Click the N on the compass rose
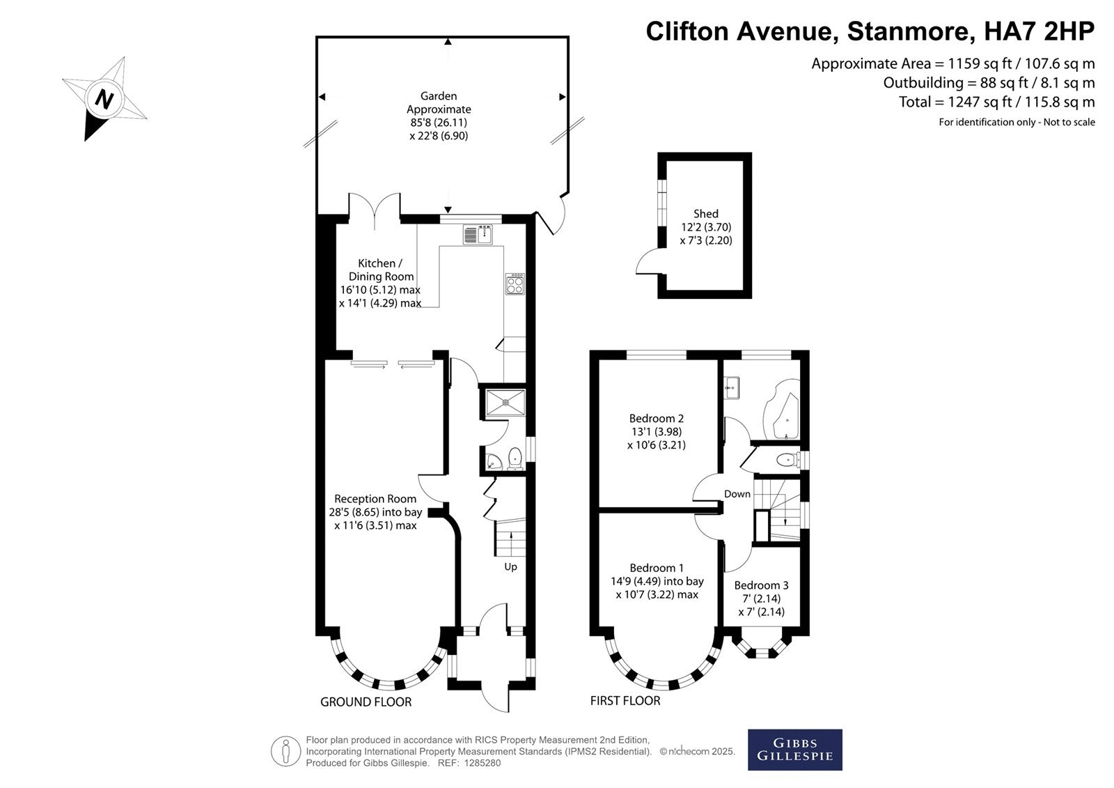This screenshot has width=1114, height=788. pyautogui.click(x=104, y=99)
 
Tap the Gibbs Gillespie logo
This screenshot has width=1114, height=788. pyautogui.click(x=794, y=750)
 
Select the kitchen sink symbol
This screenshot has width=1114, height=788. pyautogui.click(x=478, y=235)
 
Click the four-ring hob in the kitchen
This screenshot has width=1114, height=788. pyautogui.click(x=515, y=284)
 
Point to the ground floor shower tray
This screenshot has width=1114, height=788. pyautogui.click(x=505, y=403)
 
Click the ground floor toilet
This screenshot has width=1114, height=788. pyautogui.click(x=515, y=458)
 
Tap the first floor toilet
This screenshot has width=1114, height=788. pyautogui.click(x=787, y=459)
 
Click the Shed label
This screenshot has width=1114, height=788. pyautogui.click(x=706, y=214)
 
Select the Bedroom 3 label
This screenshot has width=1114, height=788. pyautogui.click(x=761, y=585)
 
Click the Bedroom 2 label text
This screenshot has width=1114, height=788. pyautogui.click(x=656, y=418)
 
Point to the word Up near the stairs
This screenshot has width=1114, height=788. pyautogui.click(x=511, y=567)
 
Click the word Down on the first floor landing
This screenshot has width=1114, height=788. pyautogui.click(x=737, y=494)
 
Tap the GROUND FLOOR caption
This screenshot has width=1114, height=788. pyautogui.click(x=366, y=702)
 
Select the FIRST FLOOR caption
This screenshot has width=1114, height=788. pyautogui.click(x=625, y=701)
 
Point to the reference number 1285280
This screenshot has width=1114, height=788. pyautogui.click(x=483, y=763)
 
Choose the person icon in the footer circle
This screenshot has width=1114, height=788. pyautogui.click(x=285, y=751)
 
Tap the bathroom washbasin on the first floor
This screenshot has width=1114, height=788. pyautogui.click(x=732, y=388)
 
